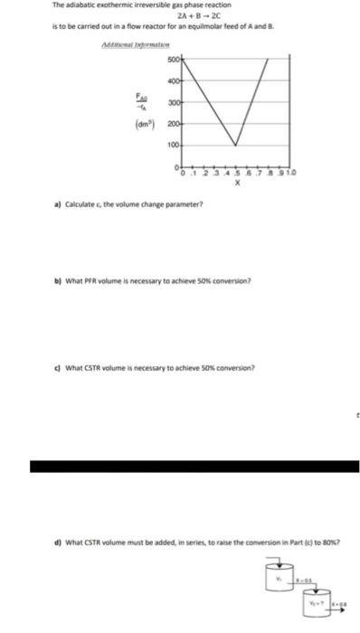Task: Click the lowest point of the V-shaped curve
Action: [237, 146]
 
